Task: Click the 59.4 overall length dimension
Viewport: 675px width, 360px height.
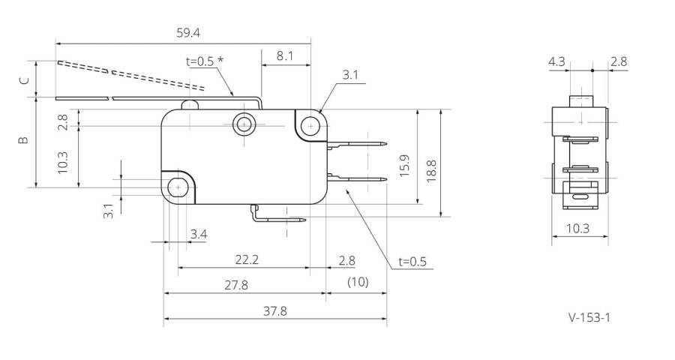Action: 188,33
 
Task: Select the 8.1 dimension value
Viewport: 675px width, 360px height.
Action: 284,56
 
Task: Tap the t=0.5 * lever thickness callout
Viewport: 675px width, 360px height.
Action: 205,61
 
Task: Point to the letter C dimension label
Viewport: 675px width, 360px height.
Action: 25,80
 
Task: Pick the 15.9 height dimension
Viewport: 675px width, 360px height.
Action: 404,166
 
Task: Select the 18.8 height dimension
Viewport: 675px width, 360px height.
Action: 431,172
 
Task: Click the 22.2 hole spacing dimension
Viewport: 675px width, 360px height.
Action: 247,260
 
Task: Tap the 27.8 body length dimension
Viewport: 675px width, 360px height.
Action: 236,285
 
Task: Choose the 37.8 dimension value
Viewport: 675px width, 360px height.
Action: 274,311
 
